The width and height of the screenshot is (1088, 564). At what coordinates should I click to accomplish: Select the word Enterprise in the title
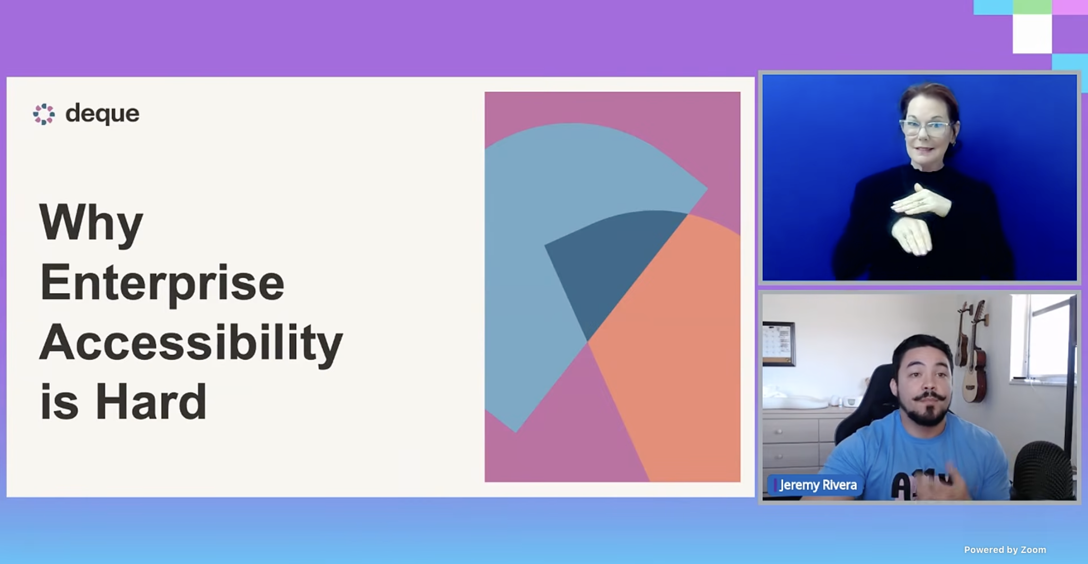(162, 284)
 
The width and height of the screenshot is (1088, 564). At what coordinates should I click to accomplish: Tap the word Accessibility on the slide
(191, 344)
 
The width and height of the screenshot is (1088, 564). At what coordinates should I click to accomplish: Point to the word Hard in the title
(151, 402)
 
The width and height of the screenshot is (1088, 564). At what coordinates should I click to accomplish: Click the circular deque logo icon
(44, 114)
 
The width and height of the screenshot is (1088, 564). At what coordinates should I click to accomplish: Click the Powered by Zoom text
(1005, 550)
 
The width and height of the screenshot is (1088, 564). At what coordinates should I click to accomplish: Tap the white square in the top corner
(1032, 34)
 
